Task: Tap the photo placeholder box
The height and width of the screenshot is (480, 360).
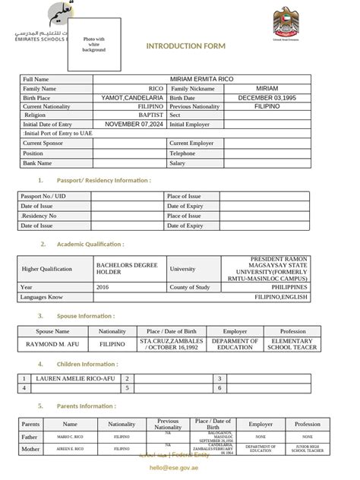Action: tap(94, 44)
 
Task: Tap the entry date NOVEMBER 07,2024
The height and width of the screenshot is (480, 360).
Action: tap(134, 124)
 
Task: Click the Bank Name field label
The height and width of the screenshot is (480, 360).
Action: tap(37, 163)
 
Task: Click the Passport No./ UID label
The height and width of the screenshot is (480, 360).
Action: tap(43, 196)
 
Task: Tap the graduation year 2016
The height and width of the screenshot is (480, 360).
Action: tap(103, 287)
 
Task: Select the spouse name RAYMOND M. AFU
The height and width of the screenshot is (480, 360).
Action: tap(52, 344)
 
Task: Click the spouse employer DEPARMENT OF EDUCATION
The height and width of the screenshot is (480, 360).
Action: tap(235, 344)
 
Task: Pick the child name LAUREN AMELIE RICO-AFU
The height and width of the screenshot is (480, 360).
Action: tap(72, 377)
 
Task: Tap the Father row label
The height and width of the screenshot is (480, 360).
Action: tap(30, 437)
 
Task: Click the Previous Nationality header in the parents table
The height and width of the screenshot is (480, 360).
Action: tap(168, 424)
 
